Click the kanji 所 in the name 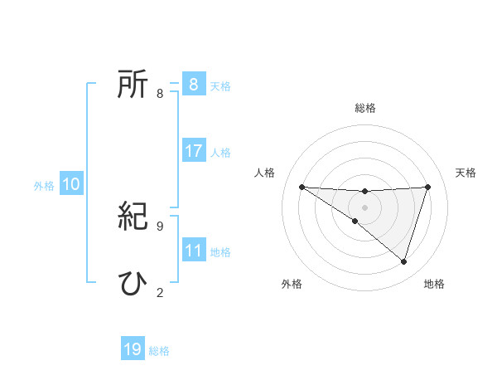click(x=133, y=85)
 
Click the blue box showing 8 click(x=193, y=85)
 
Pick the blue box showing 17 click(x=193, y=151)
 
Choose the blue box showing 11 click(x=193, y=251)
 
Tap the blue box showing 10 click(x=71, y=184)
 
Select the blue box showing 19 click(x=133, y=349)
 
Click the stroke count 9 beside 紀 click(x=160, y=226)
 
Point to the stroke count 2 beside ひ click(x=160, y=292)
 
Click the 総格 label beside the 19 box click(x=159, y=351)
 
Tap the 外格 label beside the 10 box click(x=44, y=186)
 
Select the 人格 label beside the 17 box click(x=220, y=153)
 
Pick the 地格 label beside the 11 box click(x=220, y=252)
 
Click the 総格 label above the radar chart click(x=365, y=108)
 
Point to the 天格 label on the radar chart click(x=466, y=173)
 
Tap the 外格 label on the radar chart click(x=292, y=284)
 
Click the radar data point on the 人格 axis click(x=302, y=187)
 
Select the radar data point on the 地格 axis click(x=403, y=261)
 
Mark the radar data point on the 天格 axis click(x=428, y=187)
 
